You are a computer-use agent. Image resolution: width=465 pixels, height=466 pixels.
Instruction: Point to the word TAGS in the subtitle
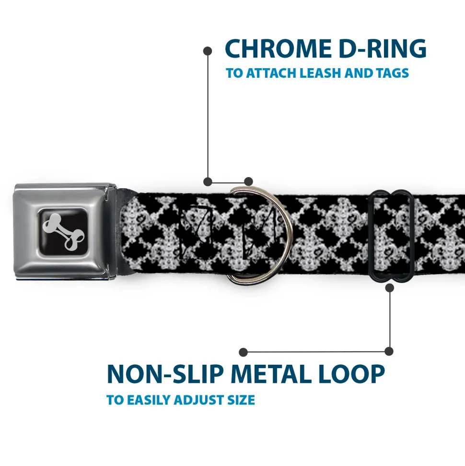[391, 73]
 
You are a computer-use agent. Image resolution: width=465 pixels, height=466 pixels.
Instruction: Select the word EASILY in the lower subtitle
[146, 400]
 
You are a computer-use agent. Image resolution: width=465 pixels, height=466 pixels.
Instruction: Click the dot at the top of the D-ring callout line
[208, 50]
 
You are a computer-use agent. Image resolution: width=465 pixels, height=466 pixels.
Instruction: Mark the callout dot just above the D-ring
[248, 181]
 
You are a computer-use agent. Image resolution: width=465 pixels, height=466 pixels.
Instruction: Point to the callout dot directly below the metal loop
[390, 288]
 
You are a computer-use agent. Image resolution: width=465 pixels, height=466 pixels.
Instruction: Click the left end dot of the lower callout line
[244, 352]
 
